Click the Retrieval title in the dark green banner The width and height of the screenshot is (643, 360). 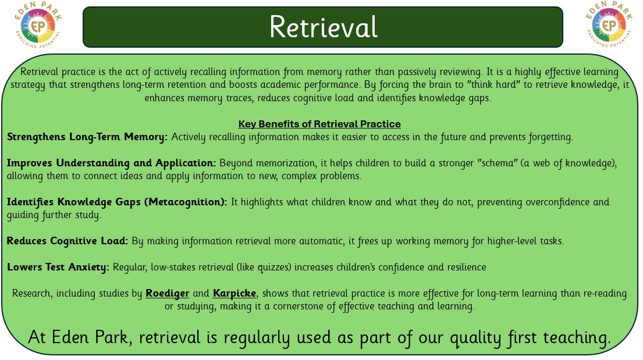pos(323,27)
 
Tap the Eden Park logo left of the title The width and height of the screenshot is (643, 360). pos(38,25)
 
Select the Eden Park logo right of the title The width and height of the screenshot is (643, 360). pos(609,24)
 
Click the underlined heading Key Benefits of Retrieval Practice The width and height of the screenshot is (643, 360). pos(319,124)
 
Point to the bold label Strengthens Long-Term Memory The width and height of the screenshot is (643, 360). pos(87,137)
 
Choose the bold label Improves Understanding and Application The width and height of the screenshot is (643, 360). pos(111,163)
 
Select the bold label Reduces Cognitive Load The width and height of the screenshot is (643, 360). pos(68,241)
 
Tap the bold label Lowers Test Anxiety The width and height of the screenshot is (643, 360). pos(58,268)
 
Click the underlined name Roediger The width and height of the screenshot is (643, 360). pos(168,294)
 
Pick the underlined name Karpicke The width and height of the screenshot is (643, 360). pos(235,294)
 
